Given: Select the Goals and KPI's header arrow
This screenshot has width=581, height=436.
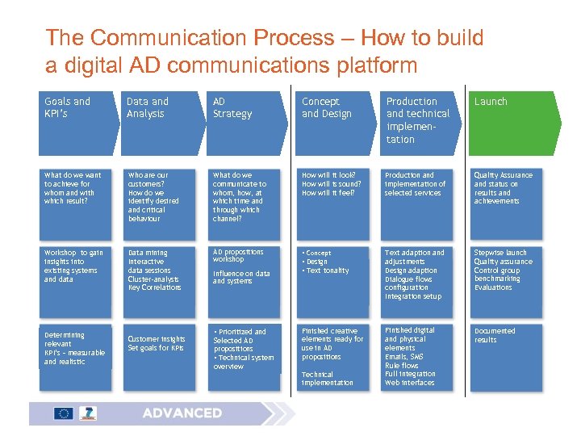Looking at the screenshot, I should pos(74,122).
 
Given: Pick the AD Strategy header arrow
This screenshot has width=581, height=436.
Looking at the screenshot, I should pos(244,122).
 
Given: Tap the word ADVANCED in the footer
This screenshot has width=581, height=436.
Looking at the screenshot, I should pos(182,413).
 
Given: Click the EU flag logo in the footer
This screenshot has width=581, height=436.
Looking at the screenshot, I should pos(64,413).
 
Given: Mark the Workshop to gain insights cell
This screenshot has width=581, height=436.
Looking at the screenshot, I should pos(76,273).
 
